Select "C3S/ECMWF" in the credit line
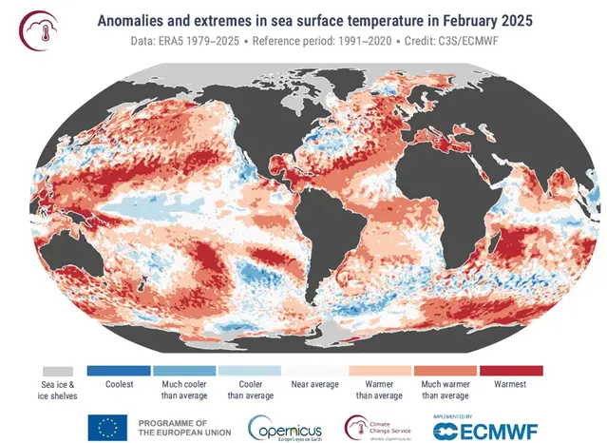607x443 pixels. pyautogui.click(x=482, y=44)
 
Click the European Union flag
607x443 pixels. pyautogui.click(x=107, y=427)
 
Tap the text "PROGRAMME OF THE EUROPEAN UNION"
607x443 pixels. pyautogui.click(x=181, y=427)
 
